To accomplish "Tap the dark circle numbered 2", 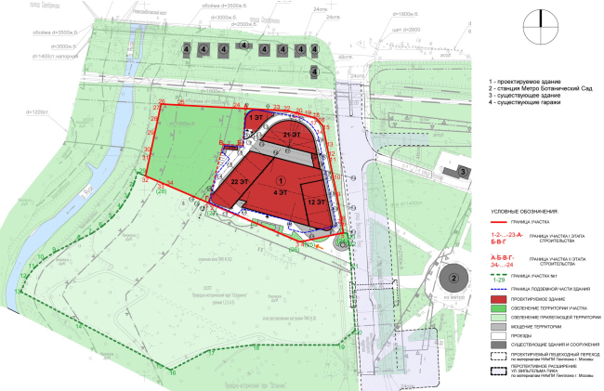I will tap(453, 277).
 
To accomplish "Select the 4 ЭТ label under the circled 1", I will tap(280, 191).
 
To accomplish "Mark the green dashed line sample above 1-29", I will tap(503, 275).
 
